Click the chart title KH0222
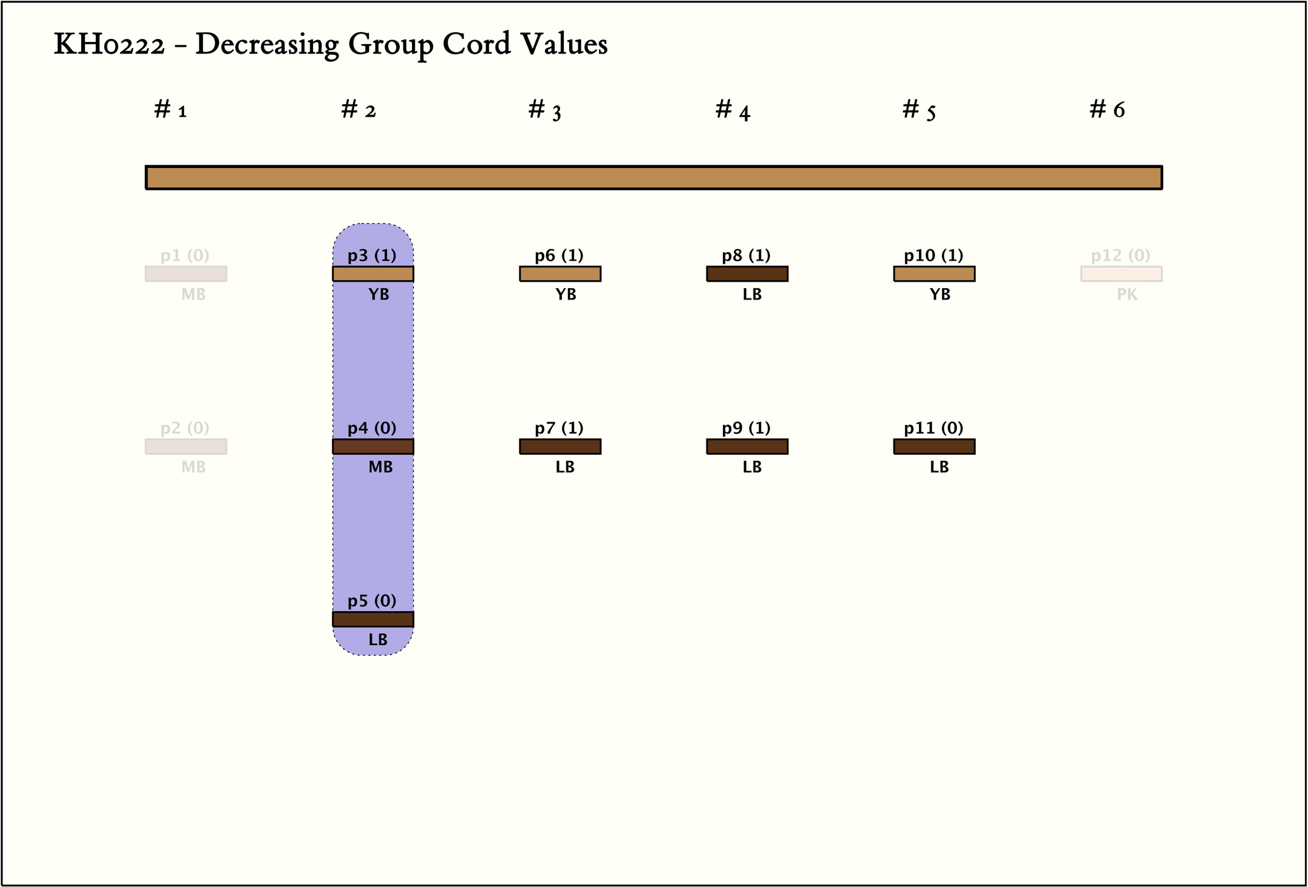[330, 45]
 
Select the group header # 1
[170, 110]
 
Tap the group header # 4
[733, 110]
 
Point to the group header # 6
[1107, 110]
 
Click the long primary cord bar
[653, 178]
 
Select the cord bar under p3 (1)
[373, 274]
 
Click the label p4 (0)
[372, 428]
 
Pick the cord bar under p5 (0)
[373, 619]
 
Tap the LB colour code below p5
[378, 640]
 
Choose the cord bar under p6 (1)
[560, 274]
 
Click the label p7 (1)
[559, 428]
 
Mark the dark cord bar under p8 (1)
[747, 274]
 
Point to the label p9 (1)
[746, 428]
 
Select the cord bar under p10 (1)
[934, 274]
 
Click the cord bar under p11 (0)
[934, 446]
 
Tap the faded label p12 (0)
[1120, 256]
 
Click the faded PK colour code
[1127, 295]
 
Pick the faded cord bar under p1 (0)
[186, 274]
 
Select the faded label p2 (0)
[185, 428]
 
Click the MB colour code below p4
[381, 467]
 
